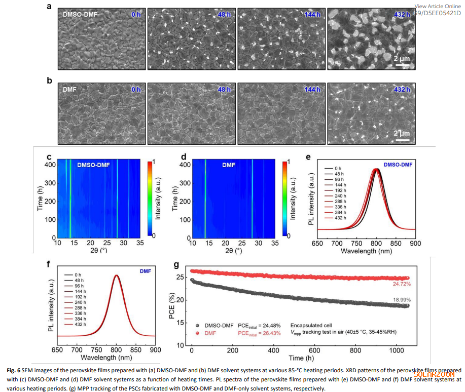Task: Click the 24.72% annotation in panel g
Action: [401, 284]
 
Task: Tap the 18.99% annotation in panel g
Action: [401, 301]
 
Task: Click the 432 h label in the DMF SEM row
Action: [402, 90]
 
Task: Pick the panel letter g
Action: [176, 264]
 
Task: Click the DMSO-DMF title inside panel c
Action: [93, 165]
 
